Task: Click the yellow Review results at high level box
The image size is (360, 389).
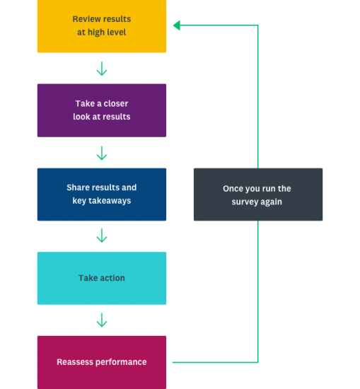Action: (102, 26)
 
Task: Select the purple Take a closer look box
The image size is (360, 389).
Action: (102, 110)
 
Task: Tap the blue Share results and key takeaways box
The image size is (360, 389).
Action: (102, 194)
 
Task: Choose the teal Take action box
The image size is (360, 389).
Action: (102, 279)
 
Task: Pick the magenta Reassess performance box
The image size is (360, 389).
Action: (102, 362)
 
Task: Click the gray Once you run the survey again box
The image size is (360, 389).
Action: (257, 194)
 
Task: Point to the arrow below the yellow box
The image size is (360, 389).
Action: (102, 69)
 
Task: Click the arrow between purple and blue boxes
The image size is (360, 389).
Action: (102, 153)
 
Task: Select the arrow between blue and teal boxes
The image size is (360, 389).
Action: (102, 236)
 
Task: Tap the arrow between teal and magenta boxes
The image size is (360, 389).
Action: (102, 320)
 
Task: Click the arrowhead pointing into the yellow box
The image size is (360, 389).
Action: (177, 25)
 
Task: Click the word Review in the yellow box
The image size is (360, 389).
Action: (87, 18)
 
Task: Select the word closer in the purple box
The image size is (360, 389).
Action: (114, 103)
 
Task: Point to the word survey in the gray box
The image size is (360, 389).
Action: (248, 202)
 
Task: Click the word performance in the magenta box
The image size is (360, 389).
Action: (122, 362)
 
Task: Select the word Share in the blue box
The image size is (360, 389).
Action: (79, 187)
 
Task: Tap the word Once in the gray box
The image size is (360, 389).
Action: (234, 189)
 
